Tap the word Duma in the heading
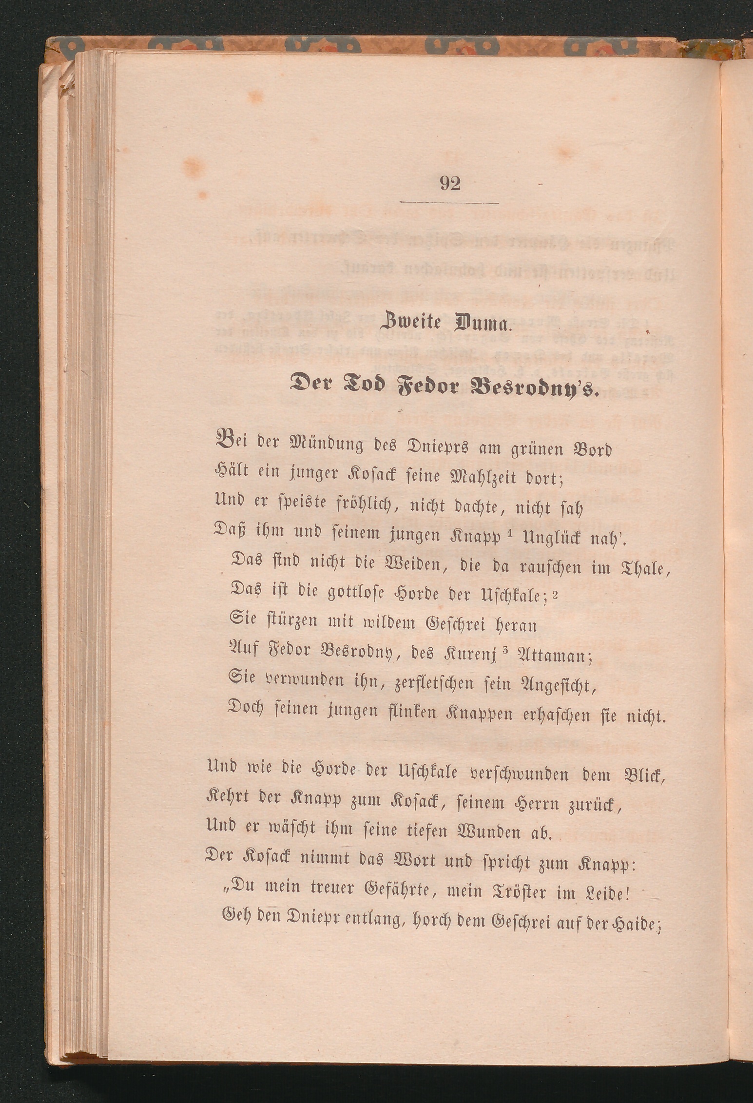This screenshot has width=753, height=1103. coord(483,323)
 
